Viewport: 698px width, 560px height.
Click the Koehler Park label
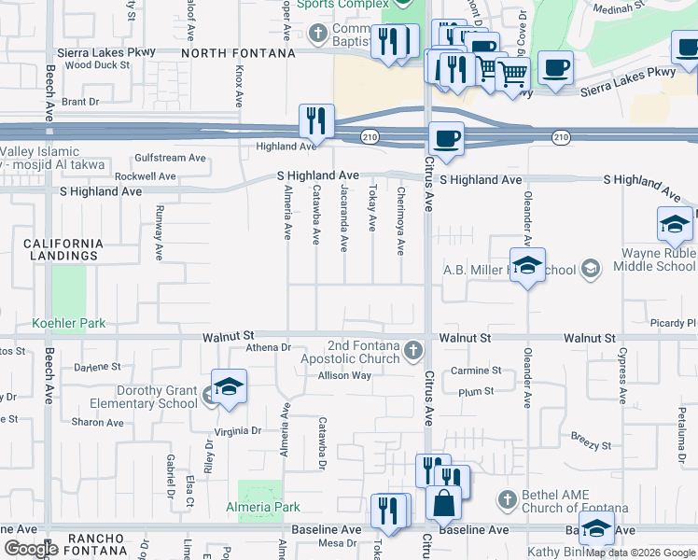point(69,324)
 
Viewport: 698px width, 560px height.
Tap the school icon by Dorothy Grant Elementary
point(229,387)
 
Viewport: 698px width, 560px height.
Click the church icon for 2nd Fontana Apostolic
point(414,351)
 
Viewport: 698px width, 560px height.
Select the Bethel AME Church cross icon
point(508,500)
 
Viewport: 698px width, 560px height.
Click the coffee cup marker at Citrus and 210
point(446,139)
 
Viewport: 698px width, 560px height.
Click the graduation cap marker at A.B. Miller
point(527,265)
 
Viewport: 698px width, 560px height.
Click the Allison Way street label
point(344,376)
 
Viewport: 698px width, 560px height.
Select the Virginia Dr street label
point(238,431)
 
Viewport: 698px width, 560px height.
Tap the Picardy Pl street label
point(674,323)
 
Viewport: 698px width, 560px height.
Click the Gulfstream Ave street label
point(170,158)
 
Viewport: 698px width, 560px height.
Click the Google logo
point(31,549)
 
